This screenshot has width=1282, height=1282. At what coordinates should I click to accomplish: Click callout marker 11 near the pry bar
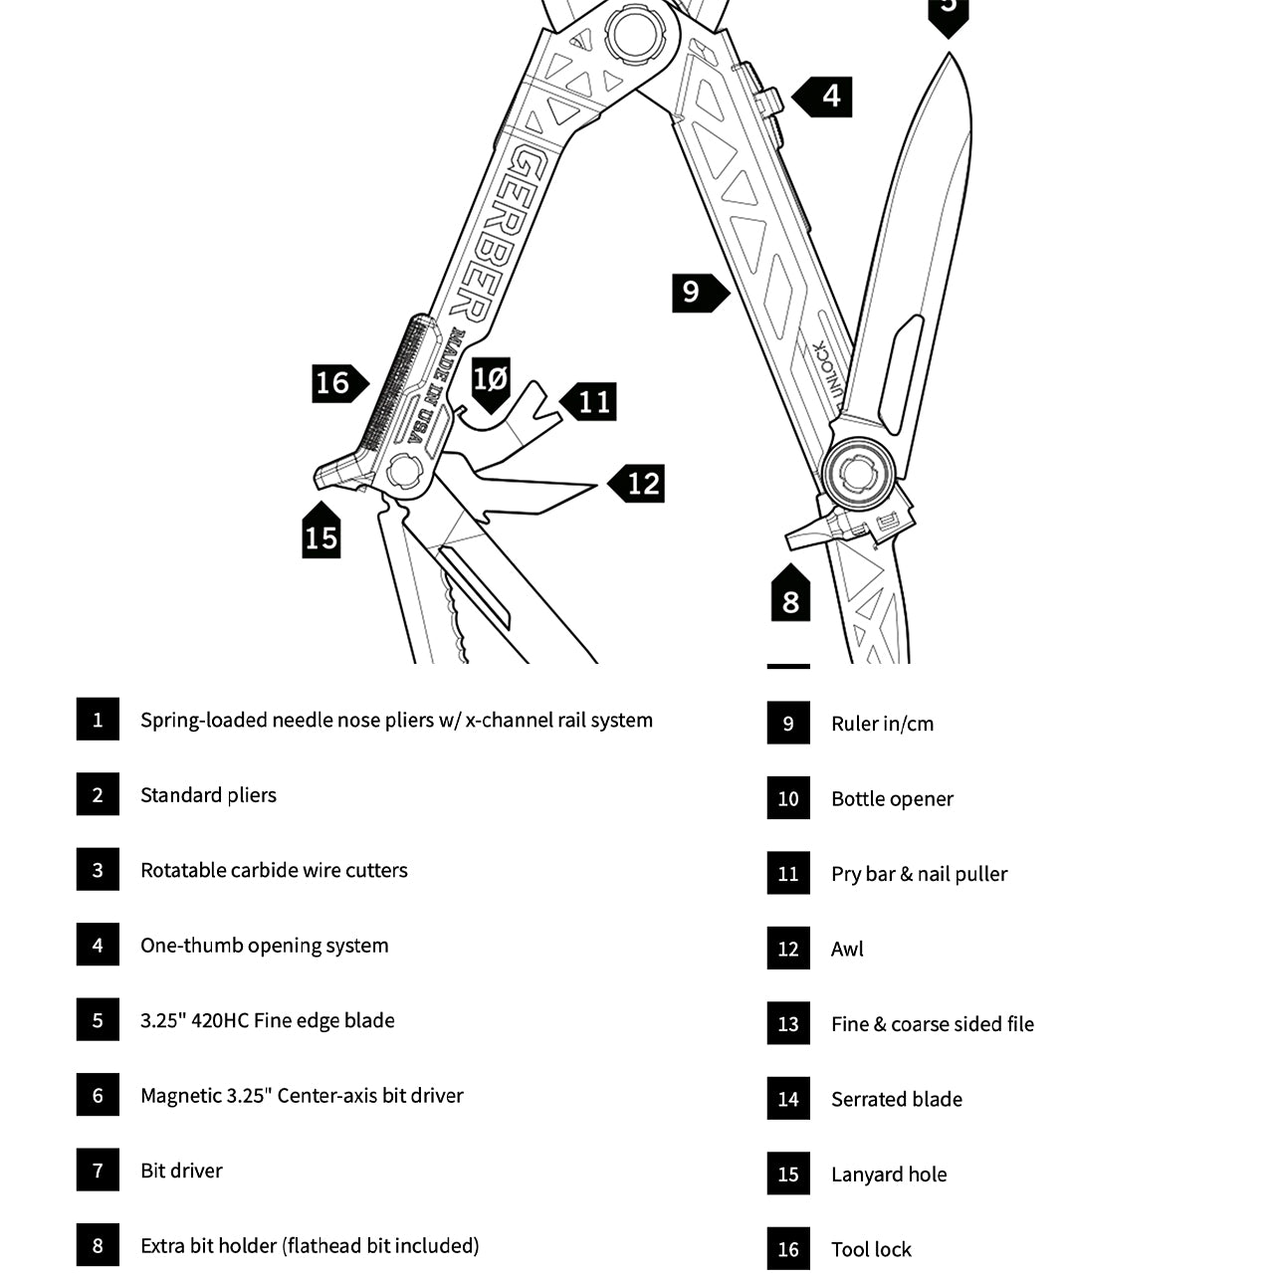pyautogui.click(x=591, y=401)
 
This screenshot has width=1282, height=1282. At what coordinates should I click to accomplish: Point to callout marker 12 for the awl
pyautogui.click(x=639, y=484)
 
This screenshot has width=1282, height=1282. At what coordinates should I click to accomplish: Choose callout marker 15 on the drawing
pyautogui.click(x=320, y=534)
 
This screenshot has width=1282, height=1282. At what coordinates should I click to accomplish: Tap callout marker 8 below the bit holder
pyautogui.click(x=790, y=597)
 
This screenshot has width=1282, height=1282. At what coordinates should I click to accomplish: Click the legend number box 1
pyautogui.click(x=98, y=720)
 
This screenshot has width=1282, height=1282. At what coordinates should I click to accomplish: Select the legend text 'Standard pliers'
pyautogui.click(x=208, y=795)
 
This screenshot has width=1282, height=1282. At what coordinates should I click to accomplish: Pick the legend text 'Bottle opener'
pyautogui.click(x=892, y=799)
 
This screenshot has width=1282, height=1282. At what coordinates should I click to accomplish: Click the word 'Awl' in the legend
pyautogui.click(x=847, y=950)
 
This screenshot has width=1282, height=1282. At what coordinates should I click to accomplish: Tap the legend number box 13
pyautogui.click(x=788, y=1024)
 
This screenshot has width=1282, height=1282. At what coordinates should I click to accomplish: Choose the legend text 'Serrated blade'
pyautogui.click(x=897, y=1100)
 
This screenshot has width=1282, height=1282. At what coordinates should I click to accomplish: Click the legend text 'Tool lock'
pyautogui.click(x=871, y=1250)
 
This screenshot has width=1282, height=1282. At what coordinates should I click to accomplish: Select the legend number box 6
pyautogui.click(x=98, y=1095)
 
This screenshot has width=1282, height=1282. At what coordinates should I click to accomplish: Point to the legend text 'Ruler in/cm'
pyautogui.click(x=882, y=724)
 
